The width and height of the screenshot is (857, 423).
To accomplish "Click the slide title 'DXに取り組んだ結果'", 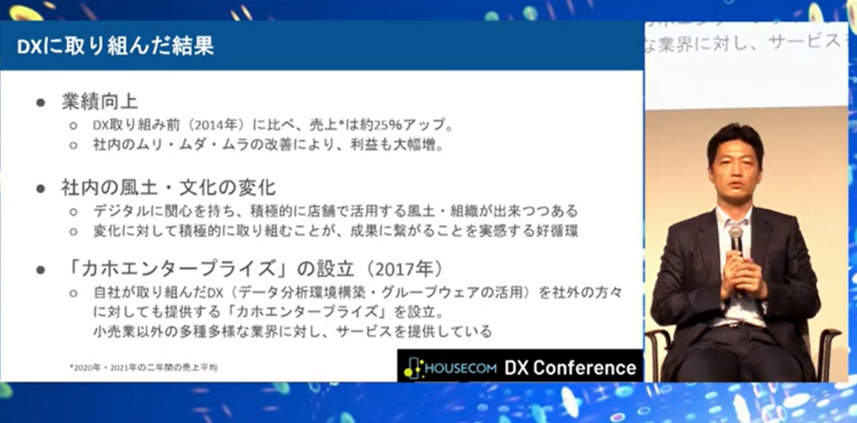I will click(x=115, y=46).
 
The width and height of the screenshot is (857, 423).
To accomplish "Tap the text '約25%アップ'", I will click(x=418, y=125).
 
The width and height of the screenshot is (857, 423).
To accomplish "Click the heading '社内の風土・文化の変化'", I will click(x=167, y=187).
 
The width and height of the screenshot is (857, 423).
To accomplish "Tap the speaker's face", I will click(x=734, y=163).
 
